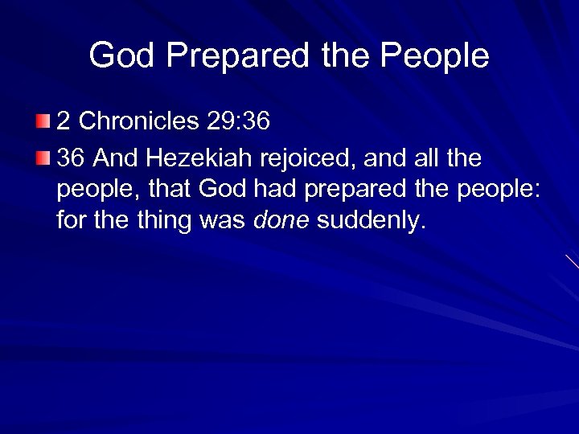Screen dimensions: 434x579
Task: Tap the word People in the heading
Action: (435, 55)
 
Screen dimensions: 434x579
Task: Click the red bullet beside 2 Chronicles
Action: (42, 121)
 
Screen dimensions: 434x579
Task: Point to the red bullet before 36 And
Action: (42, 158)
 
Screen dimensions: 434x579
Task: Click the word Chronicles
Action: (139, 121)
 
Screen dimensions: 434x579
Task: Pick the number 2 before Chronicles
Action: (64, 121)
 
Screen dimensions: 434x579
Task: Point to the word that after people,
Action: (170, 190)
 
